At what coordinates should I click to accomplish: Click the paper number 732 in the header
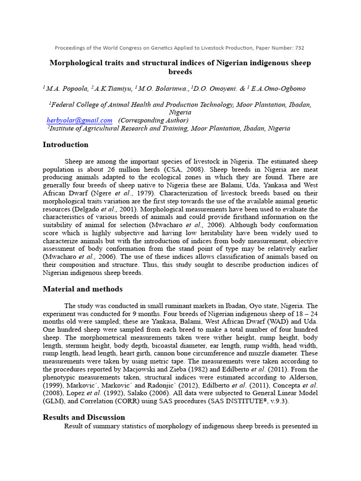click(x=299, y=47)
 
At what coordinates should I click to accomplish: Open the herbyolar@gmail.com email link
click(x=79, y=120)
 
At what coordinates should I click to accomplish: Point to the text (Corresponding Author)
click(x=153, y=120)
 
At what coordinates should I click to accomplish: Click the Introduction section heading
click(x=65, y=145)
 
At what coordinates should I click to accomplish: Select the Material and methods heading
click(x=82, y=289)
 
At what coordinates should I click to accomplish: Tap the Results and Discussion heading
click(x=84, y=417)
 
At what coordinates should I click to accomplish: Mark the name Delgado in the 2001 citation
click(x=86, y=209)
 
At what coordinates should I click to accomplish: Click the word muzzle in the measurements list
click(x=256, y=353)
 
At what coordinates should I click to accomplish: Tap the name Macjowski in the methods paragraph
click(x=122, y=369)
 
